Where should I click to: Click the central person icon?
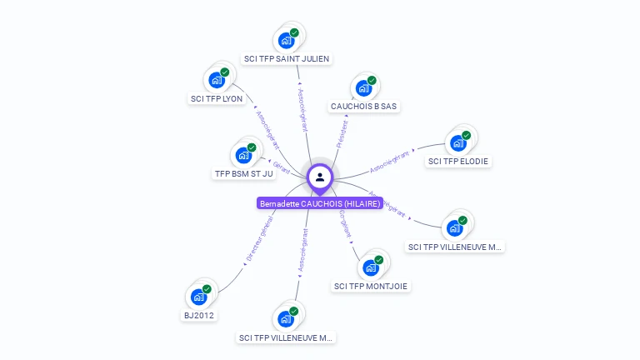pos(320,177)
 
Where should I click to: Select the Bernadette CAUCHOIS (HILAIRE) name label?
pos(320,203)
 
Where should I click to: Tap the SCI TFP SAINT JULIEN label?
pos(287,59)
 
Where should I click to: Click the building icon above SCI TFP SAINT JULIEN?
pos(287,40)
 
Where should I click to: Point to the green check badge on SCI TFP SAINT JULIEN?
pos(295,32)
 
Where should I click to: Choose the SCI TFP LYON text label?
pos(217,98)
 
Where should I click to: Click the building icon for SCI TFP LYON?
pos(217,80)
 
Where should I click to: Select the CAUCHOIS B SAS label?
pos(364,107)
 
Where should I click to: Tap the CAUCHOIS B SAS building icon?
pos(363,87)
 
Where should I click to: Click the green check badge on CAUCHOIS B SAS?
pos(372,81)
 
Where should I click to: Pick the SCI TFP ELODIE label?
pos(458,161)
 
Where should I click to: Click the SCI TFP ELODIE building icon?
pos(457,142)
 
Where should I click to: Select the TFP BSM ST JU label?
pos(243,174)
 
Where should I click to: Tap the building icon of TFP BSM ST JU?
pos(243,155)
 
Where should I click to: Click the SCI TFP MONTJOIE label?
pos(372,287)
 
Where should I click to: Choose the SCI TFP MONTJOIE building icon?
pos(371,267)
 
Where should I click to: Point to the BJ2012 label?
pos(198,315)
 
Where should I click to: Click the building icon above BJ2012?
pos(198,296)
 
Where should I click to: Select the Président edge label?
pos(342,133)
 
